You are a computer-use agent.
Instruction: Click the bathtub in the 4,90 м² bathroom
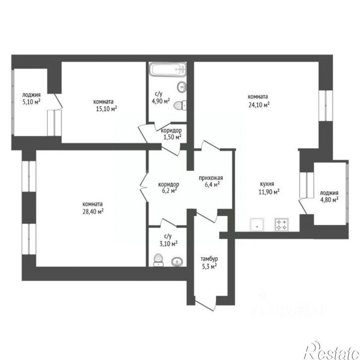click(167, 69)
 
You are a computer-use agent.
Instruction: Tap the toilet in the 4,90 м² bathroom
click(180, 105)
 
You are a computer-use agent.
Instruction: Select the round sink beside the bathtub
click(182, 87)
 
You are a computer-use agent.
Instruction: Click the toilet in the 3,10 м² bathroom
click(158, 260)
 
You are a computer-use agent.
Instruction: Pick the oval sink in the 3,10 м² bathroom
click(177, 262)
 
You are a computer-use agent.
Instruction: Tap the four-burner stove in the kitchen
click(282, 224)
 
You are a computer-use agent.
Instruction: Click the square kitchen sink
click(257, 224)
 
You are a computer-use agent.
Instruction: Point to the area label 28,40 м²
click(93, 212)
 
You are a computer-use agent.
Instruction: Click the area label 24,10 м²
click(259, 105)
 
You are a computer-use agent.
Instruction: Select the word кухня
click(267, 184)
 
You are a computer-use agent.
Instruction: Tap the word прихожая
click(211, 178)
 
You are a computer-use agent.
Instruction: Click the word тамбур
click(209, 259)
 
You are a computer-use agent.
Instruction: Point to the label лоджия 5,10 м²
click(31, 98)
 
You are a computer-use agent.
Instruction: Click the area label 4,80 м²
click(330, 200)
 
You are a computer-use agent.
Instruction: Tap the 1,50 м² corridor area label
click(172, 137)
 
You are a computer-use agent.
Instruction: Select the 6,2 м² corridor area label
click(169, 191)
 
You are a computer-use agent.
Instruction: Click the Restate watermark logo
click(331, 351)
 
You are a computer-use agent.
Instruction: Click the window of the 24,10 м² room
click(326, 105)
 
